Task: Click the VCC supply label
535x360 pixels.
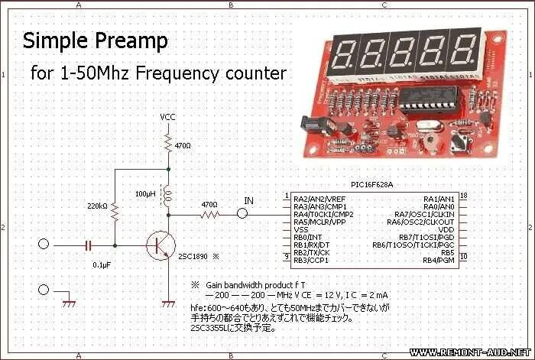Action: (168, 117)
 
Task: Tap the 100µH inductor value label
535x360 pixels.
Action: (145, 193)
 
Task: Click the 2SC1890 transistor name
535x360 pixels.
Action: (192, 257)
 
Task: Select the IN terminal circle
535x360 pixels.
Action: (242, 215)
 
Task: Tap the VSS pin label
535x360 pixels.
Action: (301, 229)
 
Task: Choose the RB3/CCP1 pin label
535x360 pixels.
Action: (310, 261)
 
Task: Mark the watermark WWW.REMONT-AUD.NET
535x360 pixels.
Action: (469, 352)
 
